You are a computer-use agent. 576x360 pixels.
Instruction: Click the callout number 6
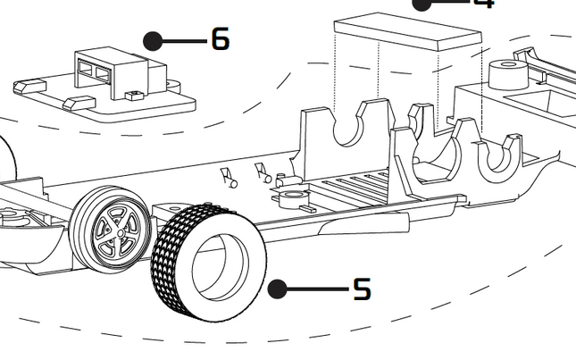click(x=220, y=39)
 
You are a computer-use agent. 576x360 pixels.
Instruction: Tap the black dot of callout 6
click(x=154, y=40)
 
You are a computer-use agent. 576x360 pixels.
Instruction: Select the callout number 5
click(x=361, y=289)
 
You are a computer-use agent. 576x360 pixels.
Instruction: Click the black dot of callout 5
click(x=278, y=289)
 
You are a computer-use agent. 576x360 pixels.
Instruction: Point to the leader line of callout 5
click(x=317, y=289)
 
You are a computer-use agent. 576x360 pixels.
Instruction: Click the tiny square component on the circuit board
click(x=135, y=95)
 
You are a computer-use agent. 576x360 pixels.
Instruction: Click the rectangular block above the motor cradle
click(x=406, y=33)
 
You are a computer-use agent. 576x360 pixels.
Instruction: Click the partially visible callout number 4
click(x=483, y=4)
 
